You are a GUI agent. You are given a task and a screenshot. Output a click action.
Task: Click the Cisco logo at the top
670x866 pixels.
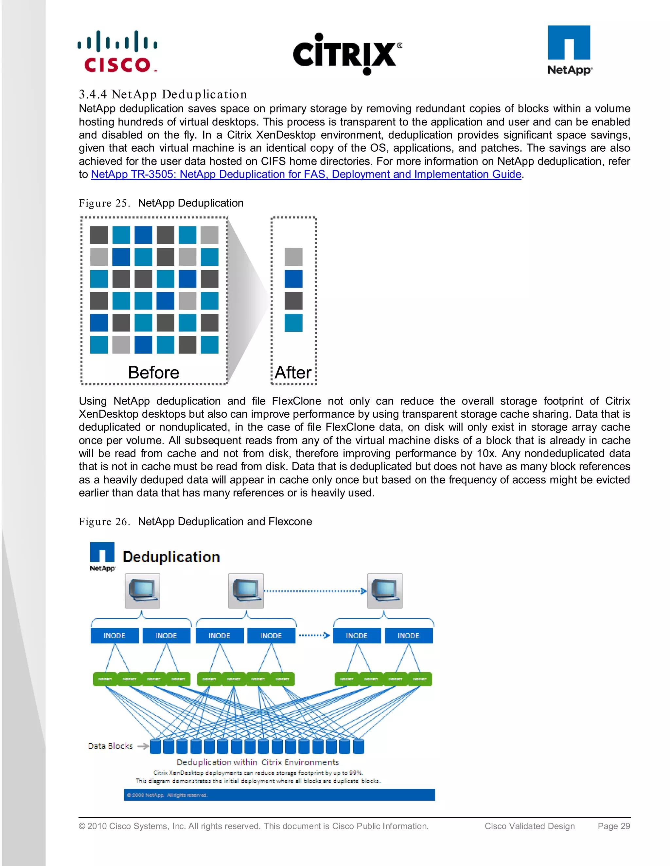117,52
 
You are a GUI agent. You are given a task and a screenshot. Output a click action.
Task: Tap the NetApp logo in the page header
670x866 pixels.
569,50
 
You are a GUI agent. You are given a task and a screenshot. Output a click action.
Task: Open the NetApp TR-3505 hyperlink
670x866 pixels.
306,175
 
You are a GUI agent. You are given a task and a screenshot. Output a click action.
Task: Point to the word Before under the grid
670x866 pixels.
154,373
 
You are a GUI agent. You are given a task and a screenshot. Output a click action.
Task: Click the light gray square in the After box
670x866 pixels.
293,257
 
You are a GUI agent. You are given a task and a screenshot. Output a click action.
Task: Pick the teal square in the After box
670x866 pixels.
293,323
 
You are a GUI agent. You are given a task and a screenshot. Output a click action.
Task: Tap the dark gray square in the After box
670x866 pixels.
293,301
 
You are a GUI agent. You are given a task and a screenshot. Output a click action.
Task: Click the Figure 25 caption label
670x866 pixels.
104,203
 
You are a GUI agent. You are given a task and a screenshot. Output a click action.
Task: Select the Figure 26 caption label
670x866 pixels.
104,522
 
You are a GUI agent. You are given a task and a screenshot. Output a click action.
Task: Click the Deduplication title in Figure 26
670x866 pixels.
171,557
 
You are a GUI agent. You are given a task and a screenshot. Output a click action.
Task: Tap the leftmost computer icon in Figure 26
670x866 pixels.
143,591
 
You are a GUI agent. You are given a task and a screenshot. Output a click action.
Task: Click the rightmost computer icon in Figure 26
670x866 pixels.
385,591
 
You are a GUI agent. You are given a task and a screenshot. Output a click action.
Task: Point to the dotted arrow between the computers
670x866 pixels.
315,591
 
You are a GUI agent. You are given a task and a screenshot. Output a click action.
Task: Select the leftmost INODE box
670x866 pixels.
114,636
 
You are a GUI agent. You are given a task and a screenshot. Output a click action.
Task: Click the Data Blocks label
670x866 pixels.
110,746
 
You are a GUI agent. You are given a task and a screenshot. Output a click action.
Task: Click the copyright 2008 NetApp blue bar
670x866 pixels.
279,795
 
